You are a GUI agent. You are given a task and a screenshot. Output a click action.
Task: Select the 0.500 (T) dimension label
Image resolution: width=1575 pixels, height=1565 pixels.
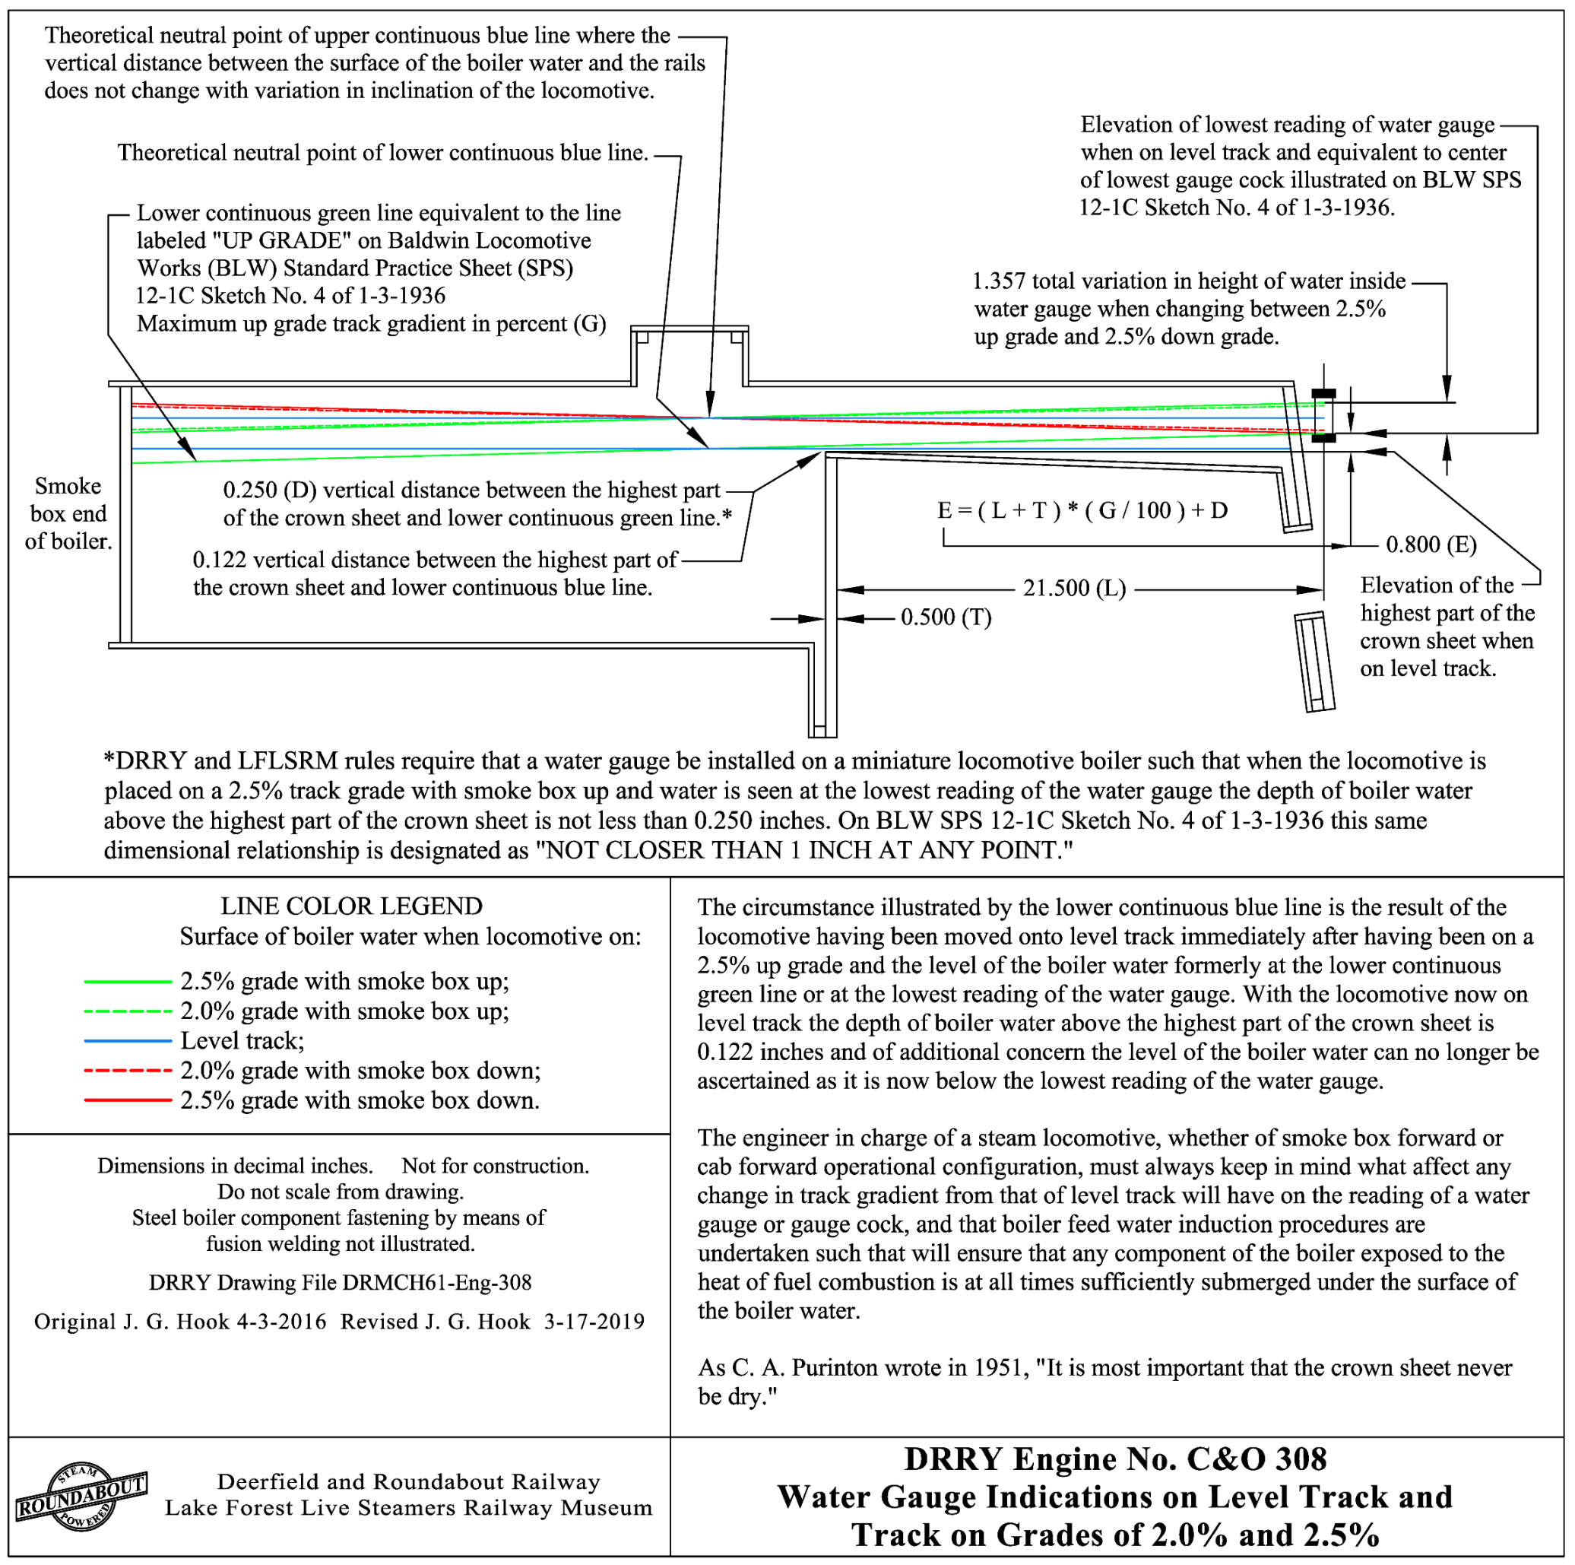coord(946,617)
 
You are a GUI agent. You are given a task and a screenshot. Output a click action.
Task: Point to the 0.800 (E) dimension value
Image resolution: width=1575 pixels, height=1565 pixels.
coord(1431,544)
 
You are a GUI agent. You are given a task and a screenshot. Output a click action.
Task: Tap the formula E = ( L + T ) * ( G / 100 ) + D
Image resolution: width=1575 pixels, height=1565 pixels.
coord(1082,510)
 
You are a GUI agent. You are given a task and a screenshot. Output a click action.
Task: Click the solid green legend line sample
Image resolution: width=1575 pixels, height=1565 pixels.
coord(127,982)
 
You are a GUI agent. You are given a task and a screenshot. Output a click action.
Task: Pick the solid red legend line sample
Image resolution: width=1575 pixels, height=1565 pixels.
coord(127,1101)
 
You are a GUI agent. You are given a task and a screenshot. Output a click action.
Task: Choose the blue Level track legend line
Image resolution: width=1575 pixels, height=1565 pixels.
coord(127,1041)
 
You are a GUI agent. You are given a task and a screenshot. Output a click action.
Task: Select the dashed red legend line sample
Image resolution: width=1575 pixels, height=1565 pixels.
coord(127,1071)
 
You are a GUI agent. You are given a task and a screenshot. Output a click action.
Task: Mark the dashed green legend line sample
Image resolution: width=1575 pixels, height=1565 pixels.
coord(127,1011)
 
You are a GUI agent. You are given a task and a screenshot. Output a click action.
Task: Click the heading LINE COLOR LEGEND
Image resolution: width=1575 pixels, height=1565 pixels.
coord(351,906)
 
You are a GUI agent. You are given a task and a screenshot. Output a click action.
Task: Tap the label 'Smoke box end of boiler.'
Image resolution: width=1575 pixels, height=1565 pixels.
coord(68,514)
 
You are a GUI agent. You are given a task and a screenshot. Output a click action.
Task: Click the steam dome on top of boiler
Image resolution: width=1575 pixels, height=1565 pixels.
coord(689,355)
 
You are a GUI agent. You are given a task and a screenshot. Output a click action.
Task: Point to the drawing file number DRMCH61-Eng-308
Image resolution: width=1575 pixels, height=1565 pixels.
coord(436,1282)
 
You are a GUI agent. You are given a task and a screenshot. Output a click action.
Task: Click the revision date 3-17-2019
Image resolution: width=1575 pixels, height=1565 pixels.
coord(594,1321)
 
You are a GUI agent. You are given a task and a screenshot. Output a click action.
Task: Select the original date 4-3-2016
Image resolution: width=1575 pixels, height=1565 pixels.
coord(281,1321)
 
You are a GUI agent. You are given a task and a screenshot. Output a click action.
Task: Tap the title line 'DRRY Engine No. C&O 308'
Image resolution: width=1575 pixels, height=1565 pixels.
coord(1115,1459)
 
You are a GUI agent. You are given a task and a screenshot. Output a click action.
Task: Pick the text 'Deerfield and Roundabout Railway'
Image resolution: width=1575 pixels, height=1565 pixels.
coord(408,1481)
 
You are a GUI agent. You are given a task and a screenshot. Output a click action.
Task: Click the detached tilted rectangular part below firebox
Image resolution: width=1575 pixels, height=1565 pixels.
coord(1314,662)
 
